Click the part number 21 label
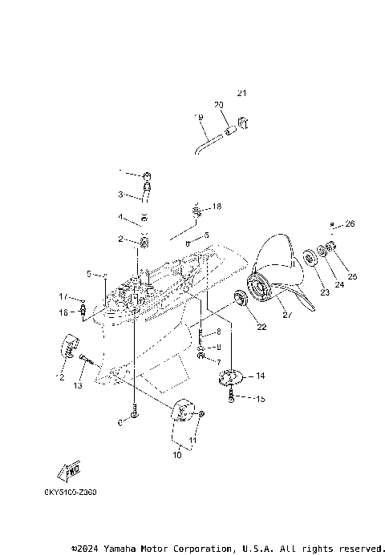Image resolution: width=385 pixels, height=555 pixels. coord(241,94)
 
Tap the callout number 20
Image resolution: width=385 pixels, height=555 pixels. coord(218,105)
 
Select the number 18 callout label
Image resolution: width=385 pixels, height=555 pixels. coord(216,207)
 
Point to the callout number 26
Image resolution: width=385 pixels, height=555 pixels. coord(350,223)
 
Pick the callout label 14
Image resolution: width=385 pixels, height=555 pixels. coord(260,375)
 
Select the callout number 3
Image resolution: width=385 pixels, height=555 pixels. coord(120,194)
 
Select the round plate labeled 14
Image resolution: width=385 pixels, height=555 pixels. coord(232,375)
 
